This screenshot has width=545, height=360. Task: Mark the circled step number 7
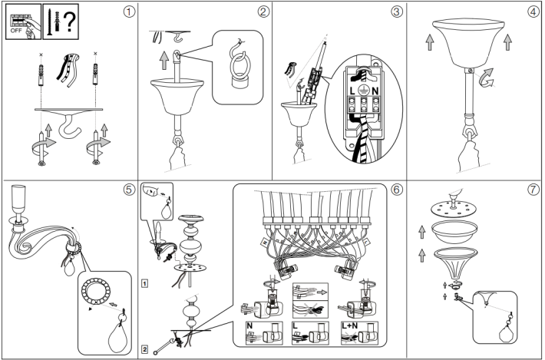coord(531,189)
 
